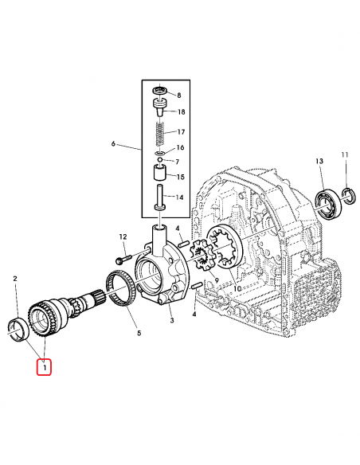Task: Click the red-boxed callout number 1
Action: pyautogui.click(x=44, y=369)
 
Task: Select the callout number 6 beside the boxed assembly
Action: pyautogui.click(x=114, y=144)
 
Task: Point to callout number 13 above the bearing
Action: pyautogui.click(x=319, y=162)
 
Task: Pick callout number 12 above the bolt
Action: pyautogui.click(x=123, y=236)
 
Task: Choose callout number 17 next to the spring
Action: pyautogui.click(x=180, y=131)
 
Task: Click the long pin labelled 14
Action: pyautogui.click(x=159, y=197)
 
